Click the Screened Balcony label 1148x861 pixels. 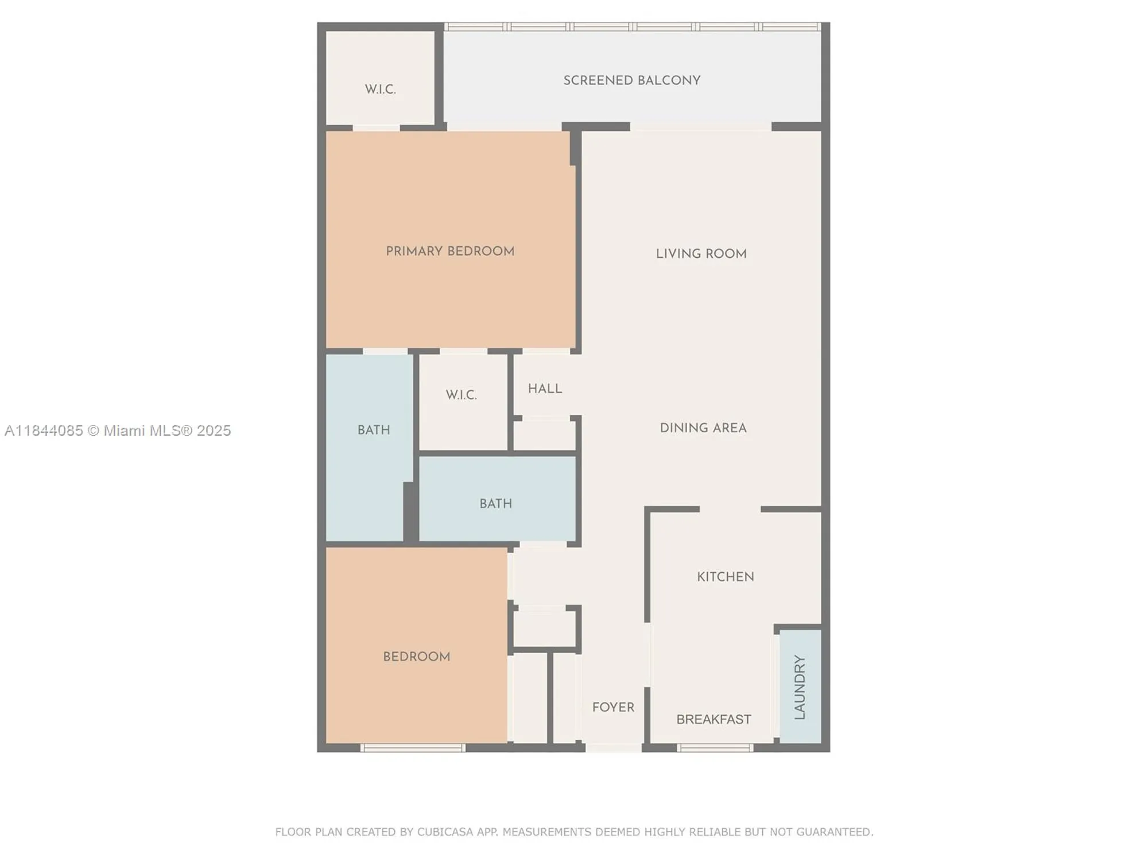tap(631, 80)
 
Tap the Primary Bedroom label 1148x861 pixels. tap(450, 251)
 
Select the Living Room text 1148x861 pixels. tap(701, 254)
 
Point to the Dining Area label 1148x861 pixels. tap(703, 428)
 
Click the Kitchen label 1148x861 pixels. tap(726, 577)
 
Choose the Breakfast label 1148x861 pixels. tap(713, 719)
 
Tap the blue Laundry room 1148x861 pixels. tap(800, 687)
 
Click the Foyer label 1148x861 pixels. tap(613, 707)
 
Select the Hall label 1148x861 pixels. tap(545, 389)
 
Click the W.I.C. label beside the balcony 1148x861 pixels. tap(380, 90)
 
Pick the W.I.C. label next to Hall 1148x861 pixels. tap(461, 395)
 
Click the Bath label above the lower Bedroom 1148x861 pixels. tap(495, 504)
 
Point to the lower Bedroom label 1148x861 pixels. tap(416, 657)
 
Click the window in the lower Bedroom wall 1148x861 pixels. tap(413, 748)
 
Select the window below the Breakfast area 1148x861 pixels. tap(715, 748)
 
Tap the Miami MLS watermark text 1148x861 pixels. tap(118, 430)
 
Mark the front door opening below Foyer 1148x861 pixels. tap(613, 748)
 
